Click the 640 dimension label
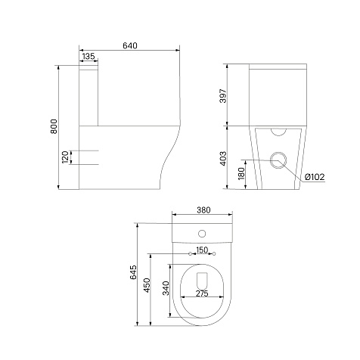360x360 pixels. coord(130,45)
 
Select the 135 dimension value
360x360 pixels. coord(88,56)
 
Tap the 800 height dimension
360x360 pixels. coord(54,126)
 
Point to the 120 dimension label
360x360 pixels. coord(65,157)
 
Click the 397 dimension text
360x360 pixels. coord(223,95)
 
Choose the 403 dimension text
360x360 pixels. coord(223,159)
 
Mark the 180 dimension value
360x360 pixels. coord(241,173)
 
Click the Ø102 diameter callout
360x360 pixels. coord(315,177)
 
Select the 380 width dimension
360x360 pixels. coord(203,209)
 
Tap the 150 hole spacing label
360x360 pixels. coord(202,250)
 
